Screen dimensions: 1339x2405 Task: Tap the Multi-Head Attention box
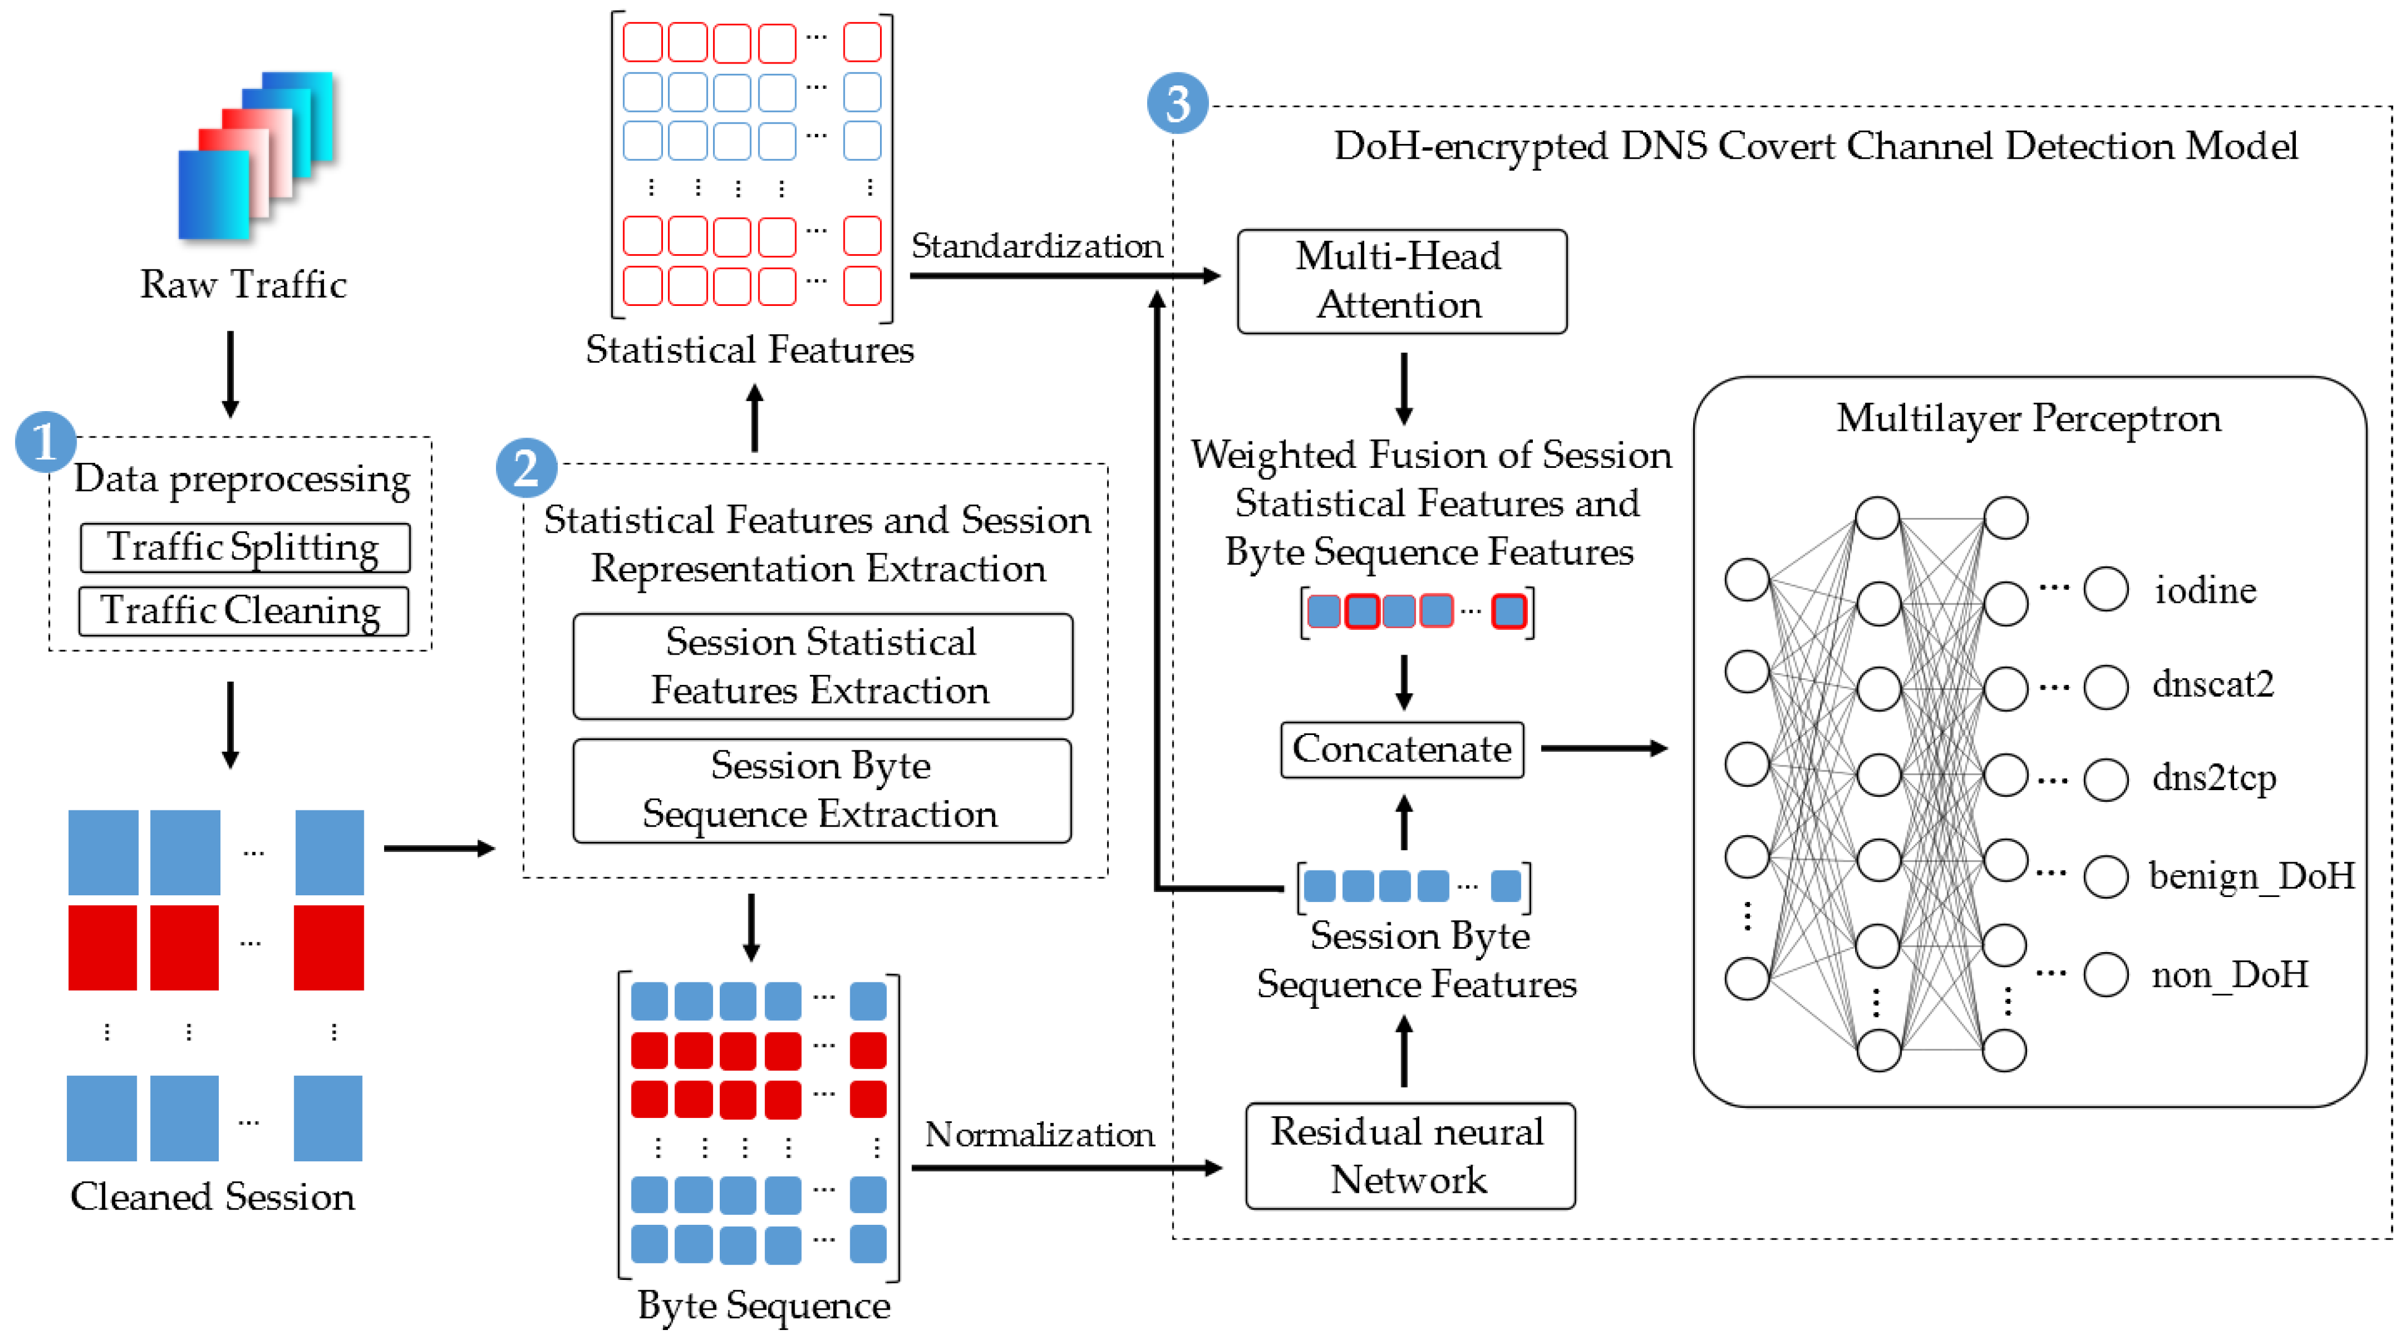click(x=1401, y=281)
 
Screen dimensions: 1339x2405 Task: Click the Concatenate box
click(x=1401, y=749)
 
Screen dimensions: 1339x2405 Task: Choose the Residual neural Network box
click(x=1410, y=1156)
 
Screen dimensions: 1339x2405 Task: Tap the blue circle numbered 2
click(x=526, y=468)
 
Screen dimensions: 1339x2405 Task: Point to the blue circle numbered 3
click(x=1177, y=103)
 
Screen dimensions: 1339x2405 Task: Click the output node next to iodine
click(x=2106, y=590)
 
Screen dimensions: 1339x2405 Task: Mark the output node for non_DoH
click(x=2106, y=975)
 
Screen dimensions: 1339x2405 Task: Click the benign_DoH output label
click(x=2251, y=876)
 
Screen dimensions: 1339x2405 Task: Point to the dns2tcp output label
click(x=2214, y=778)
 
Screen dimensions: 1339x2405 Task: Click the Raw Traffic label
click(x=243, y=284)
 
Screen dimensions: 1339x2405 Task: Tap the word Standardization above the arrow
click(x=1036, y=246)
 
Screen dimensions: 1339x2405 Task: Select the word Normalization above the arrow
click(x=1039, y=1134)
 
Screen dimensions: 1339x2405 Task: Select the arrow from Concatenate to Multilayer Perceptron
click(x=1603, y=748)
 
